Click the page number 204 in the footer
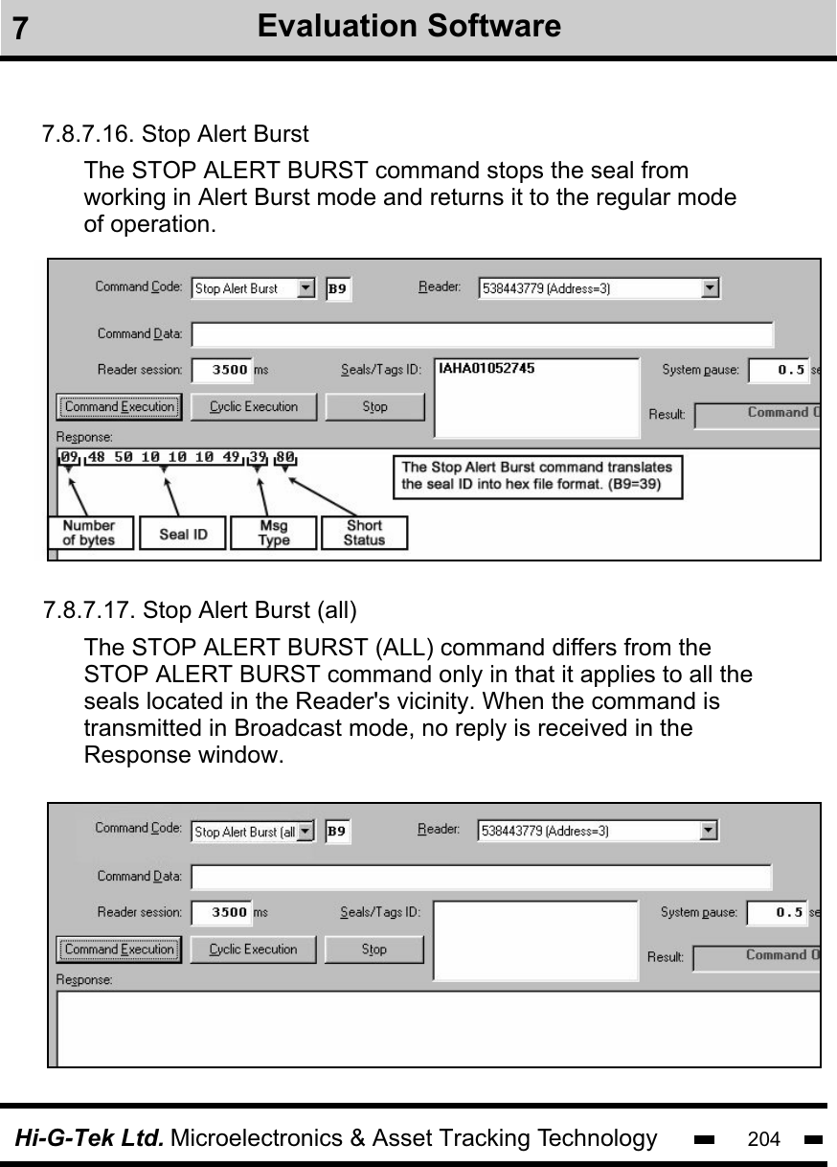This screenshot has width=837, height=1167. click(763, 1139)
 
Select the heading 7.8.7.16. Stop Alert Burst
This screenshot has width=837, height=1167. click(175, 132)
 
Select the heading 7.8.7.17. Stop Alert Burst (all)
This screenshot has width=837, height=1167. click(199, 609)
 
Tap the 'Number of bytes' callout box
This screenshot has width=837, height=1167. click(89, 533)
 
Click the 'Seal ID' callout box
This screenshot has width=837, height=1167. click(182, 533)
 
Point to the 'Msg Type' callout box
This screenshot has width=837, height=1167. click(273, 533)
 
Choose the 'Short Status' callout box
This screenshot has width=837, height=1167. click(364, 533)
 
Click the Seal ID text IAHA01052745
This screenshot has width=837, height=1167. click(486, 368)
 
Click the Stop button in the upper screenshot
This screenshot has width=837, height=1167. click(374, 407)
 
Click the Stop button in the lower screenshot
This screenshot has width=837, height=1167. click(373, 950)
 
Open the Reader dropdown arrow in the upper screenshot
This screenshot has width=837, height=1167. click(710, 287)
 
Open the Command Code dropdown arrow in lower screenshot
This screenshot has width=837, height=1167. click(305, 832)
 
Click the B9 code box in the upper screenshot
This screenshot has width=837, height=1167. click(338, 288)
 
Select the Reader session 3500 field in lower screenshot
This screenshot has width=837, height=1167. click(221, 913)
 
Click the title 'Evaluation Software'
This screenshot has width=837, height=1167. click(409, 26)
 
